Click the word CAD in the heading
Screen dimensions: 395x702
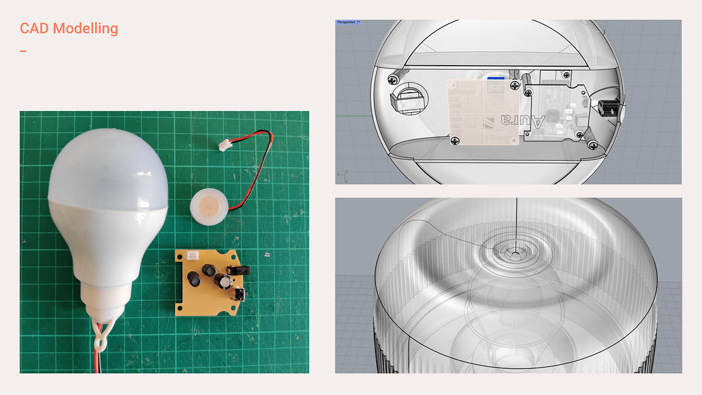(34, 29)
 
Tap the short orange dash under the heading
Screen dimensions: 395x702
(23, 51)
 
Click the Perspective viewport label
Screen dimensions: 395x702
(346, 22)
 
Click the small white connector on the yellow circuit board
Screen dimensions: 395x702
(193, 256)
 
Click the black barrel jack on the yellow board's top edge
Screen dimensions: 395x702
(242, 270)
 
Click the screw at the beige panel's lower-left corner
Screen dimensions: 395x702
(455, 140)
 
